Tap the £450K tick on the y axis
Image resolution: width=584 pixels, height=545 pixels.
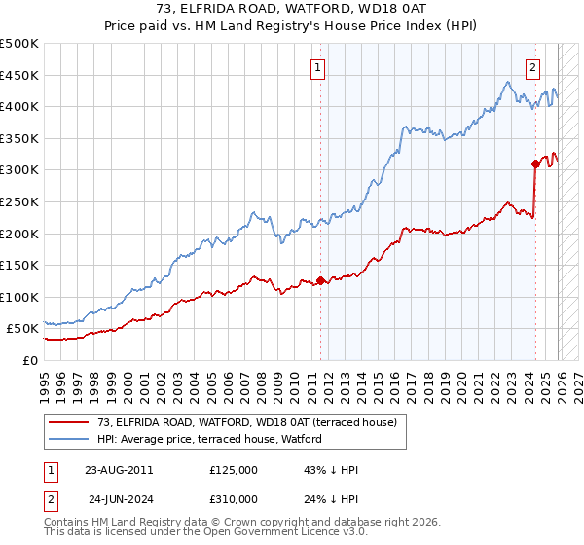coord(19,75)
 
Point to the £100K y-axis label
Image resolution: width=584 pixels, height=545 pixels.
coord(19,297)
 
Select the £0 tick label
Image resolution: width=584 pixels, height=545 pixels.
coord(29,360)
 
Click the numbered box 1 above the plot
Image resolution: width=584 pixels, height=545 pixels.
coord(319,68)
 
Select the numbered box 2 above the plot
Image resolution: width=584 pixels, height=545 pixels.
coord(533,68)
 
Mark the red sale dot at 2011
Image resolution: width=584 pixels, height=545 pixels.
coord(320,281)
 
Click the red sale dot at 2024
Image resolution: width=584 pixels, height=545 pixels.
coord(535,163)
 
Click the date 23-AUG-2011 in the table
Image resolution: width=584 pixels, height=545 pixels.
coord(119,470)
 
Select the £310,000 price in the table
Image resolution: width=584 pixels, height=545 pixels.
coord(234,498)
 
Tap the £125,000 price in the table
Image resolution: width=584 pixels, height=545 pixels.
coord(234,470)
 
